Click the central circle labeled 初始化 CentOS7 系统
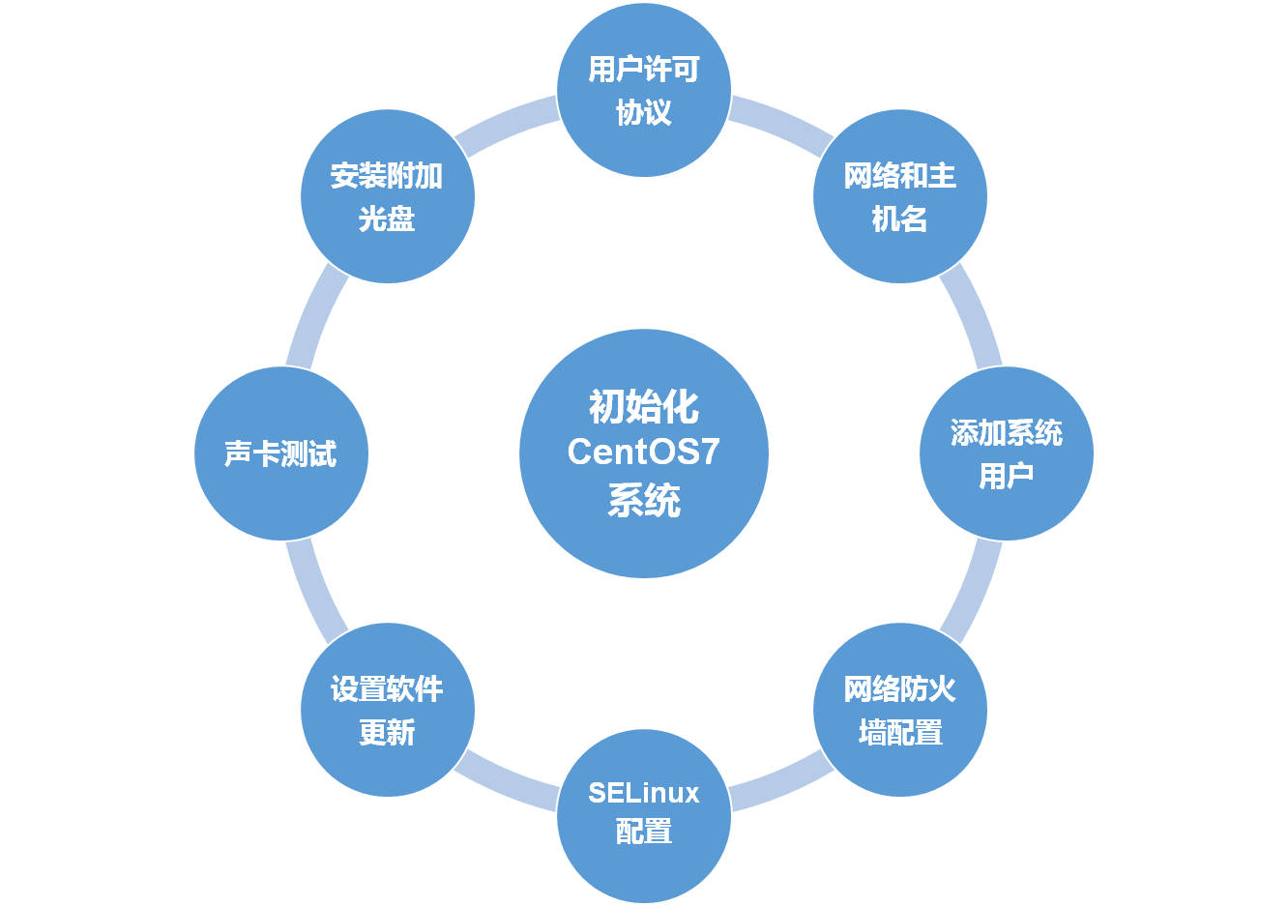point(644,453)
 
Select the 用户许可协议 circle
point(644,90)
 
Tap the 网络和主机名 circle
point(900,196)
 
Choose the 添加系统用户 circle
point(1007,453)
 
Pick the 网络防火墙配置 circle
point(900,710)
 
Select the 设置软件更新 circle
point(388,710)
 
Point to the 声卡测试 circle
point(281,453)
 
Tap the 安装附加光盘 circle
point(388,196)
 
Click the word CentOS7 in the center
point(644,453)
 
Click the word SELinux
point(644,793)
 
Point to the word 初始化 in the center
point(644,407)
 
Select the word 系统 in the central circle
point(644,501)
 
